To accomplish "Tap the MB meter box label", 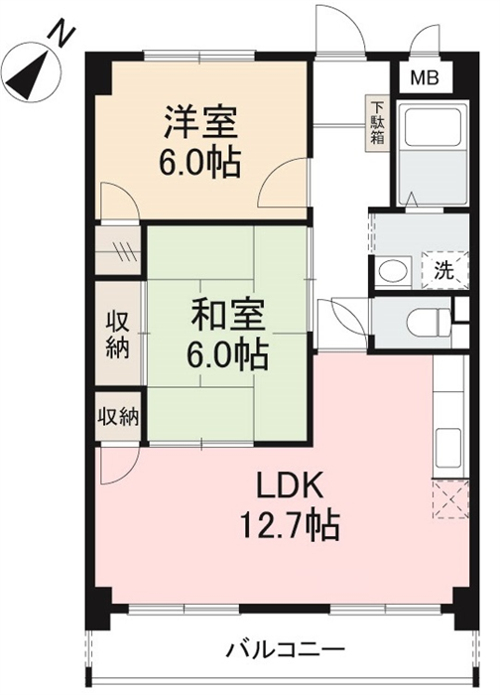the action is tap(425, 78).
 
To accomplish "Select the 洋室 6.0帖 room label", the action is tap(200, 141).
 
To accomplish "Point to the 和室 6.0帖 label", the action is tap(227, 334).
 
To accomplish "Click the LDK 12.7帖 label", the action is tap(290, 505).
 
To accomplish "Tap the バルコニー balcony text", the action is tap(286, 650).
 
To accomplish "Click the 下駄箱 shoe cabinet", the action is tap(377, 124).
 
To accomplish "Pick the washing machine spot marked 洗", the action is tap(444, 271).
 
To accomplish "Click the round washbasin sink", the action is tap(393, 270).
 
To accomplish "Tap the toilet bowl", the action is tap(428, 322).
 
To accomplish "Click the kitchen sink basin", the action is tap(448, 448).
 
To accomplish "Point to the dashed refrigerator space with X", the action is tap(450, 499).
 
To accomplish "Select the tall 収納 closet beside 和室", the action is tap(118, 334).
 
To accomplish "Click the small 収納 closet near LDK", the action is tap(118, 417).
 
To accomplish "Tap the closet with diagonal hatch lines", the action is tap(118, 250).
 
